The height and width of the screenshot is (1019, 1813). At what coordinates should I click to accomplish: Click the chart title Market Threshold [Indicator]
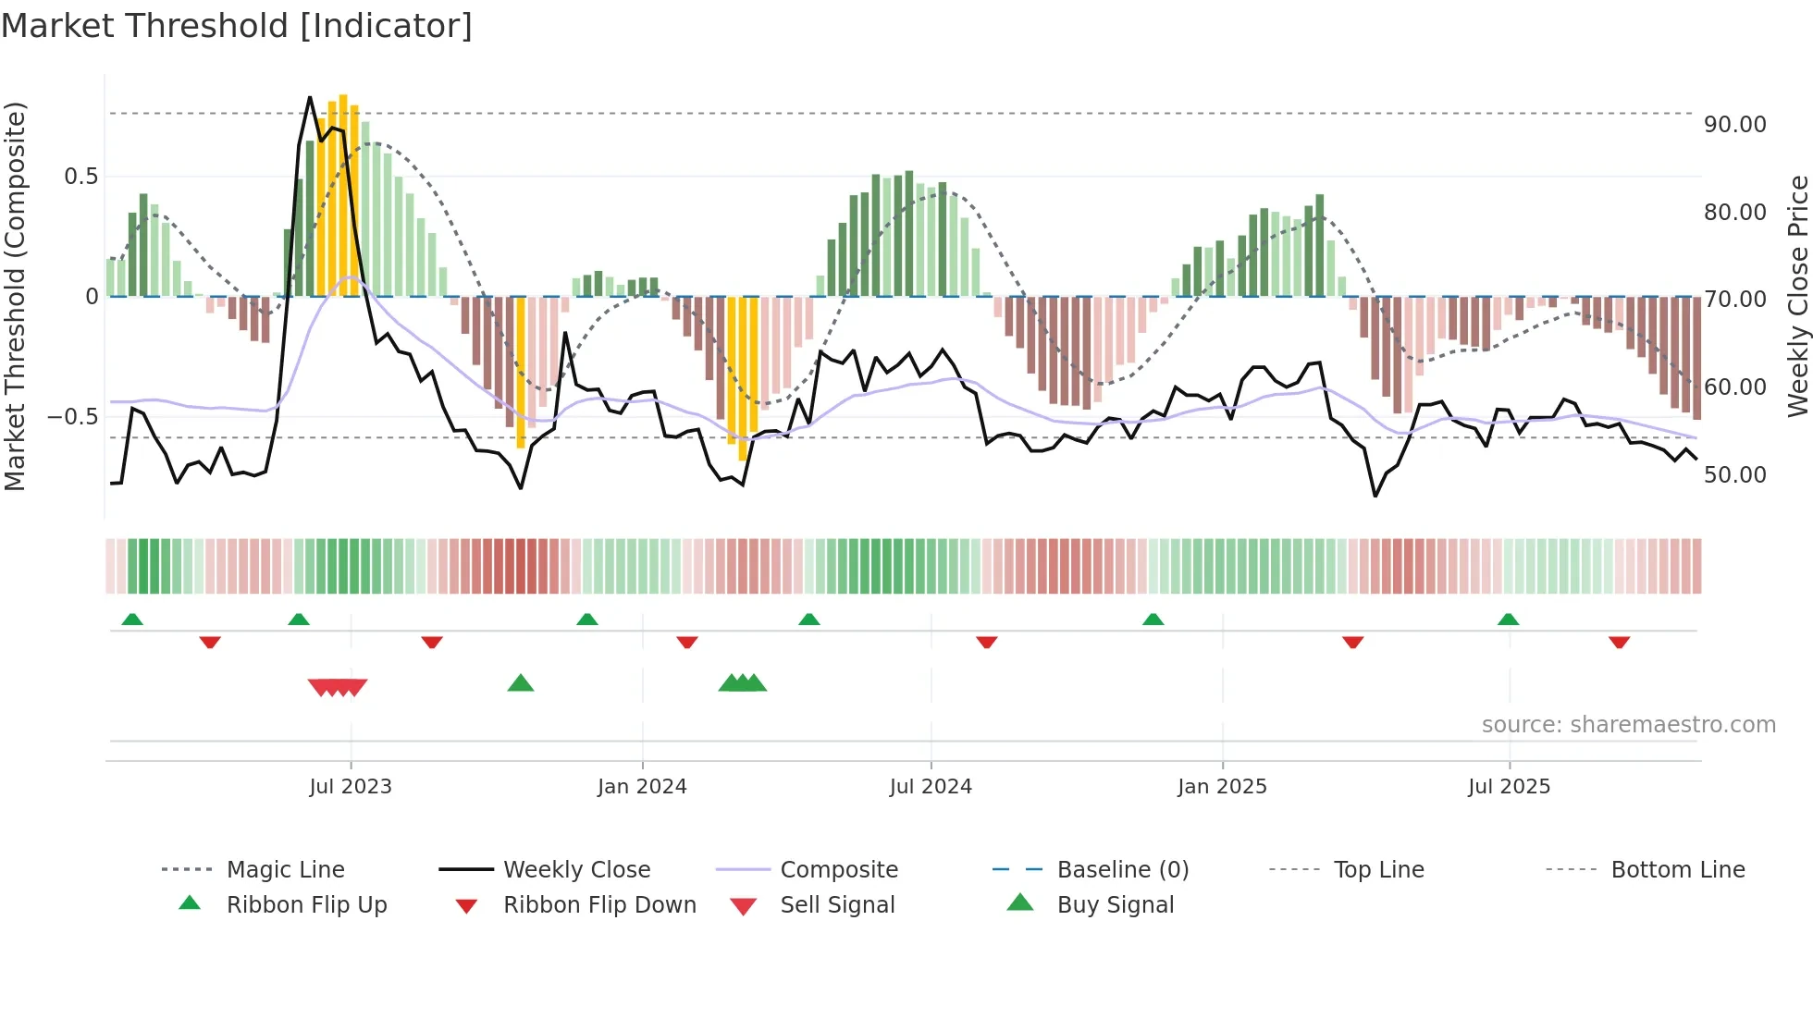237,26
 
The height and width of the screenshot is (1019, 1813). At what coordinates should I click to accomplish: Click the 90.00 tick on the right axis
1734,125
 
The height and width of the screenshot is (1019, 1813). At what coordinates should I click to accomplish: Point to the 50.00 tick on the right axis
1734,475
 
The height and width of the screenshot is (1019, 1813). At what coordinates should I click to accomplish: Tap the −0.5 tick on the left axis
73,417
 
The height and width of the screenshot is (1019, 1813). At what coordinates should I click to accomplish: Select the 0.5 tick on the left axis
80,177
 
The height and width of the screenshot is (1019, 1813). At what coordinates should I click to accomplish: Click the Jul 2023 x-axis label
351,787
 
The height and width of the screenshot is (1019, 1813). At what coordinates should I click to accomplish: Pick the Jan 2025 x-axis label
1222,787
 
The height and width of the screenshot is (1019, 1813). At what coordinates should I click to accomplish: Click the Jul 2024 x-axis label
931,787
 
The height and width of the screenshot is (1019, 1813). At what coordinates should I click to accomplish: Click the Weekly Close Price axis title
1797,296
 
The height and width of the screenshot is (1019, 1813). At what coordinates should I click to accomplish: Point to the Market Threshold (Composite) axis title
15,296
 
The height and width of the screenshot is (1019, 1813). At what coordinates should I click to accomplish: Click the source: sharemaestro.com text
1628,725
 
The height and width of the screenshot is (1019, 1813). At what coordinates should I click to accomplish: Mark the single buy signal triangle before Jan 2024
521,683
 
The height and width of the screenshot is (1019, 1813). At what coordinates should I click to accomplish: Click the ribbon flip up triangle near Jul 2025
1508,620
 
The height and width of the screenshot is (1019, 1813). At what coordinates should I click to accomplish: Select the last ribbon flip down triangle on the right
1619,642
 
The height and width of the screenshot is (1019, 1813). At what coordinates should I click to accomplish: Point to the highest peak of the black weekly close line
310,97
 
